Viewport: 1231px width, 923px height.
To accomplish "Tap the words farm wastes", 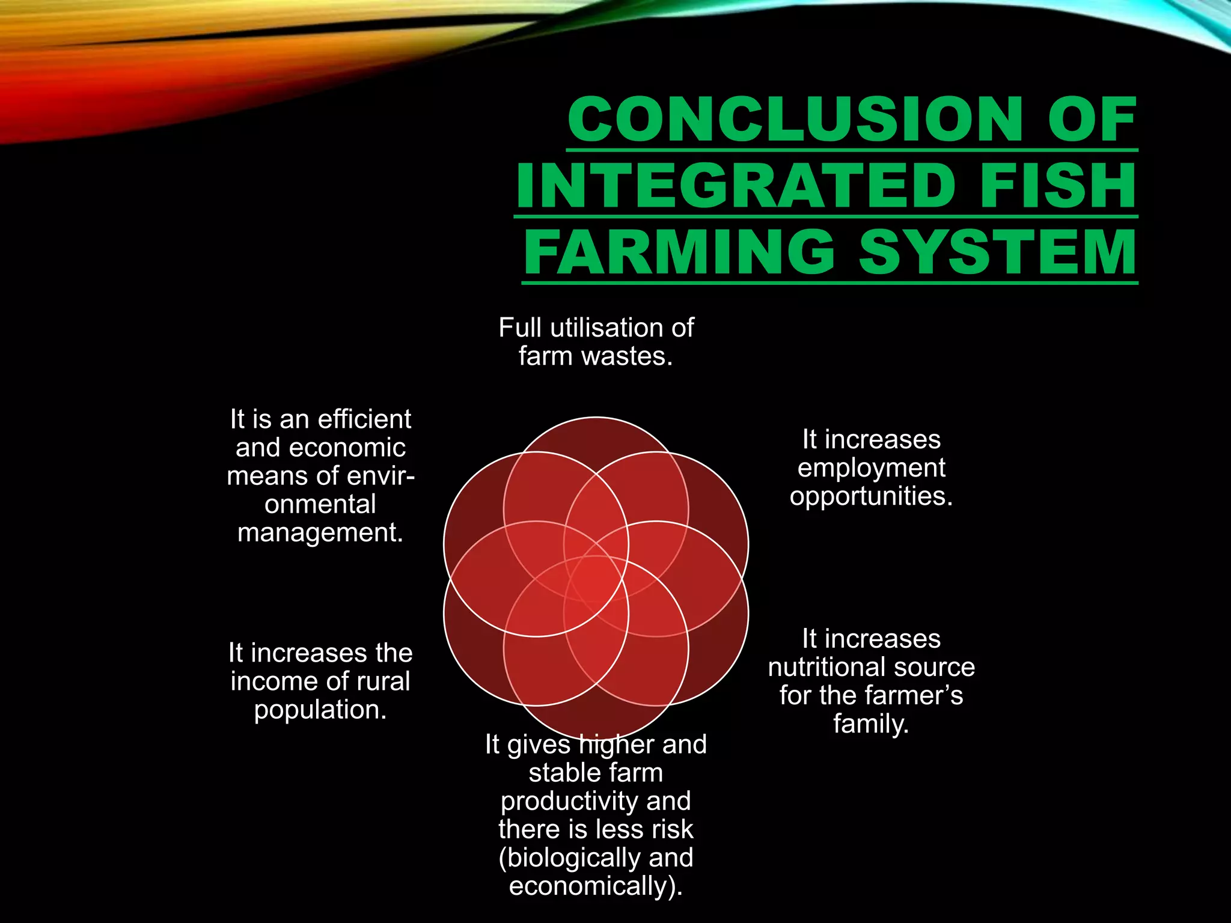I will pos(596,356).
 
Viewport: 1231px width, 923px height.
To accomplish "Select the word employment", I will pos(871,468).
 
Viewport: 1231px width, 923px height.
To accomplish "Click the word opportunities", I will pos(871,496).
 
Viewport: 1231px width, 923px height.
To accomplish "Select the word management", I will pos(320,533).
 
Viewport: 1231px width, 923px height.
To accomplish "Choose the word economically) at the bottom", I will pos(595,886).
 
